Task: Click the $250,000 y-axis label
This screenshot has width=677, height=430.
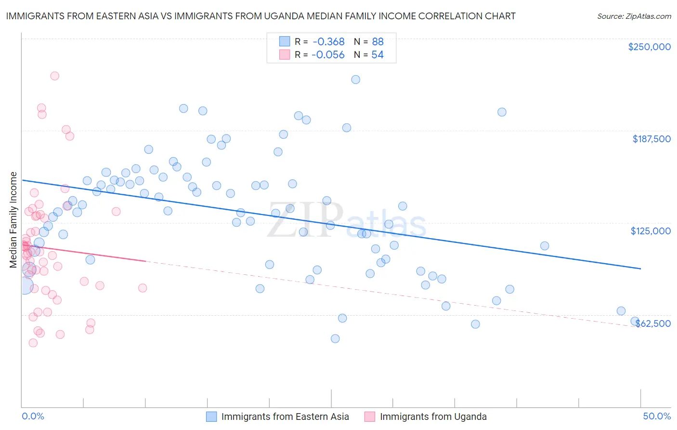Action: click(649, 47)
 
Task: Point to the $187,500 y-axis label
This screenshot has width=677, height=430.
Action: click(651, 139)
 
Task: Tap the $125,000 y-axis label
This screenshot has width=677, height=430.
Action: click(651, 231)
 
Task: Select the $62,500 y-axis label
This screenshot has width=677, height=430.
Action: click(653, 323)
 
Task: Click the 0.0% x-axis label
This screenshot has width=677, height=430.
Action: click(33, 416)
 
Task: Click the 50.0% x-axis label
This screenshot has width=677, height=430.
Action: click(657, 416)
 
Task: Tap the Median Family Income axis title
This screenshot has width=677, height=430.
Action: click(13, 220)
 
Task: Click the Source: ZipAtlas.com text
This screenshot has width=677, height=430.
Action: click(634, 16)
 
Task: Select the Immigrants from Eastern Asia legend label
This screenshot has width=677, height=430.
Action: click(285, 417)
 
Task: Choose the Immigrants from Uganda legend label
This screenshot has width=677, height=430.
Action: click(433, 417)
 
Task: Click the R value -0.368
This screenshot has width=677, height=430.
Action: click(328, 41)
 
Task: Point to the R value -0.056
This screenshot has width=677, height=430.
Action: click(328, 55)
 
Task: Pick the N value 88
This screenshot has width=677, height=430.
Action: click(378, 41)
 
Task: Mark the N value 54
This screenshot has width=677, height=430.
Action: click(378, 55)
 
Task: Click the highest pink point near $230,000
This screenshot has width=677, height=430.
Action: click(55, 76)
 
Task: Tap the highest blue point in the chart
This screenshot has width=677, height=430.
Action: click(356, 80)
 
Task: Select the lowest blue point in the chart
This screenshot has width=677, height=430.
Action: click(336, 338)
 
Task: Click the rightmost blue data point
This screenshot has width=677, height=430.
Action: click(635, 322)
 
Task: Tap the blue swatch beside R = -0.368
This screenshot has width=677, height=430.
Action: click(285, 41)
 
